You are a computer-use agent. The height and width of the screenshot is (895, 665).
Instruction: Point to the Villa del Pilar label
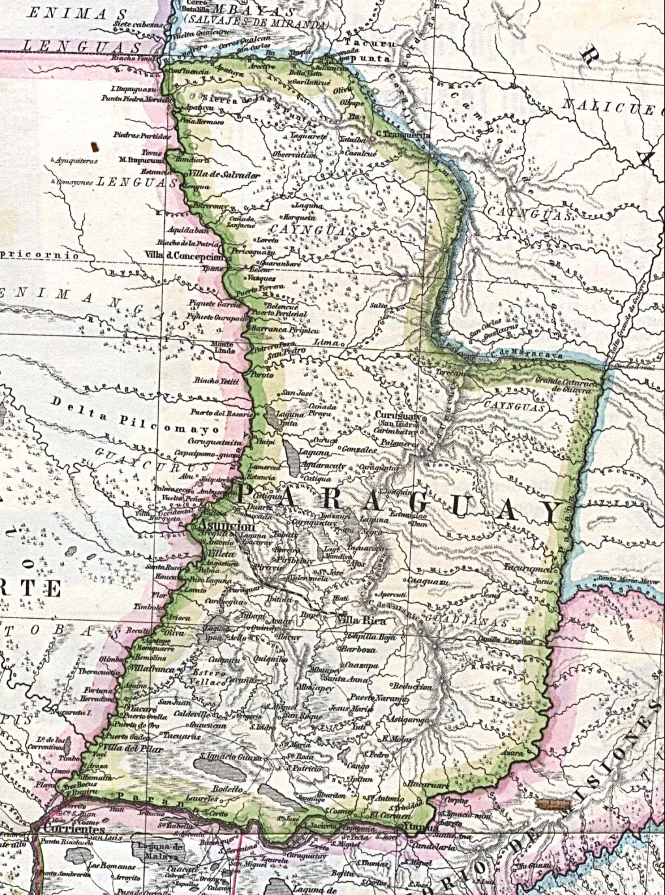tap(128, 748)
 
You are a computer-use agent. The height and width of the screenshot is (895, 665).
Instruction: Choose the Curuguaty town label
tap(400, 415)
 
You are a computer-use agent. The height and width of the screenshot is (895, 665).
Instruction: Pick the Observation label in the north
tap(295, 156)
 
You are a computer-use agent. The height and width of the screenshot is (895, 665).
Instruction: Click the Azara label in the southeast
tap(514, 752)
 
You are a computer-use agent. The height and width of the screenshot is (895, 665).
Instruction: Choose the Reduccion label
tap(412, 687)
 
